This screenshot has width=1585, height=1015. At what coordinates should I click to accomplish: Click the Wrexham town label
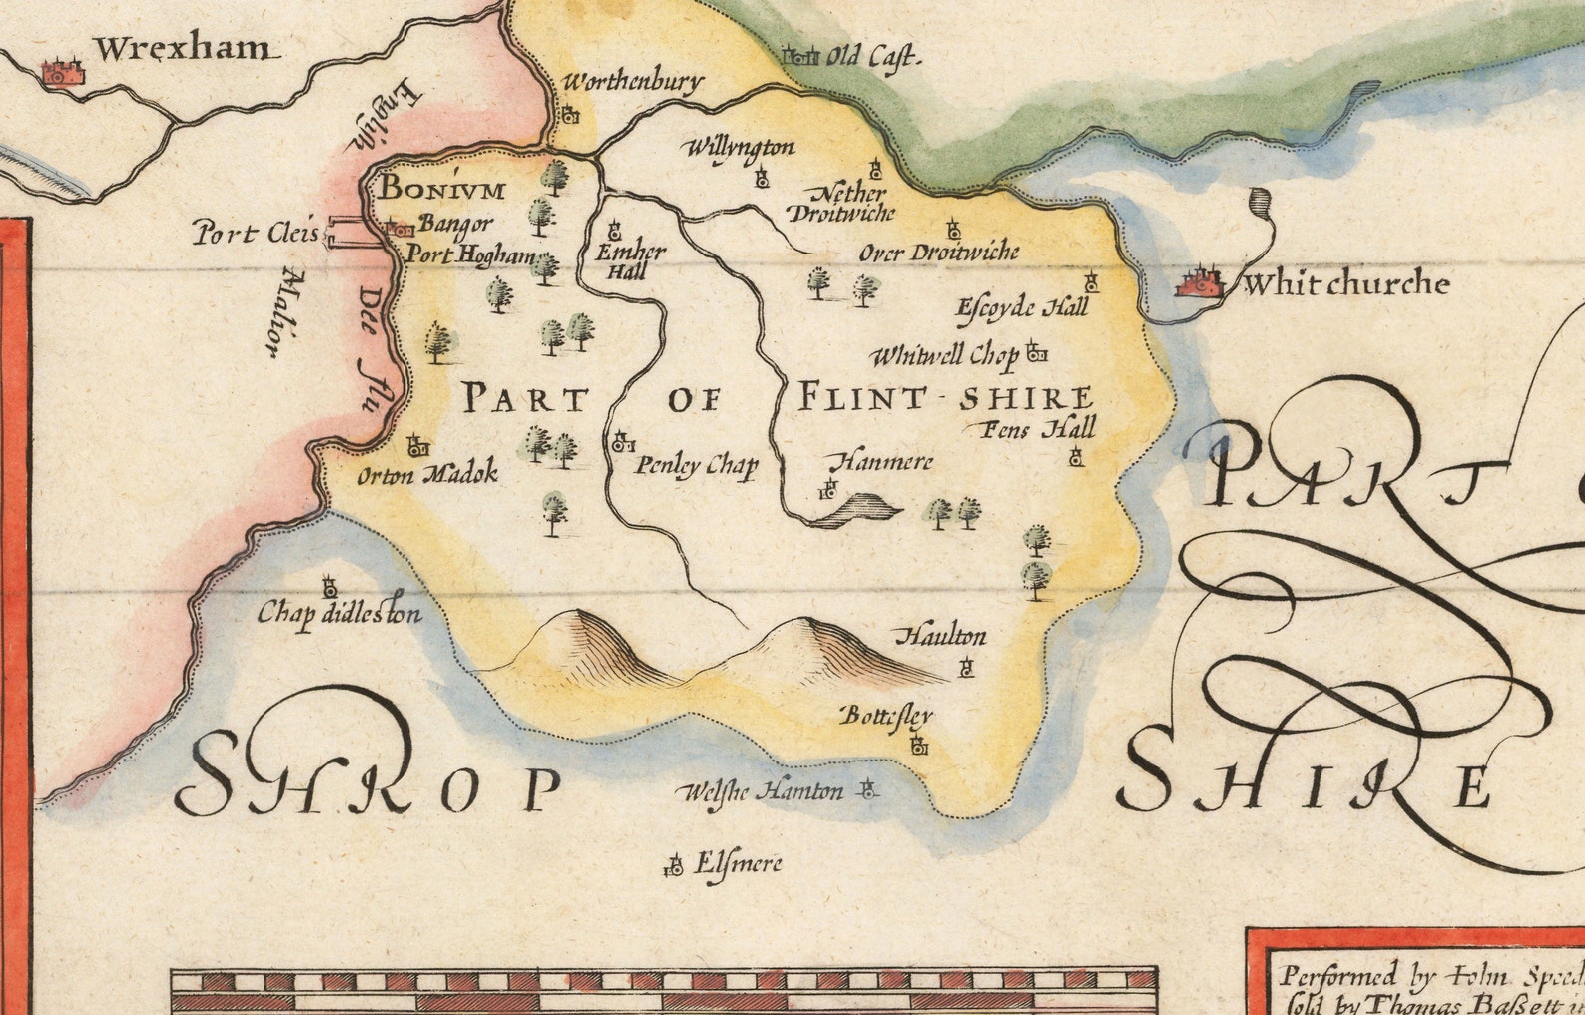click(x=182, y=48)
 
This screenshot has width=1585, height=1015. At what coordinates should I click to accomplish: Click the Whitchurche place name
click(x=1345, y=284)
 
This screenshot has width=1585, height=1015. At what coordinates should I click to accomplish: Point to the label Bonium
click(x=443, y=189)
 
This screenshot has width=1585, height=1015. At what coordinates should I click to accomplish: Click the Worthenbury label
click(x=633, y=81)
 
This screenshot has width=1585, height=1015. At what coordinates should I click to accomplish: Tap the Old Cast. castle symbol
click(x=801, y=56)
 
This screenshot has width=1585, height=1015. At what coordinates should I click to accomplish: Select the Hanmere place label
click(x=881, y=461)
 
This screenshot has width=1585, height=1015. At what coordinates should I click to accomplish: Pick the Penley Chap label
click(x=697, y=465)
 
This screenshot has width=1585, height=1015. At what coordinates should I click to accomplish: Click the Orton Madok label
click(x=427, y=475)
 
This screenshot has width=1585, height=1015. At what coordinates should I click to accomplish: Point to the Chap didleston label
click(x=339, y=612)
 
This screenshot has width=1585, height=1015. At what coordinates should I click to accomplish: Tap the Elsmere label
click(x=738, y=863)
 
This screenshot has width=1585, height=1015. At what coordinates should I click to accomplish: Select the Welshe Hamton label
click(x=761, y=792)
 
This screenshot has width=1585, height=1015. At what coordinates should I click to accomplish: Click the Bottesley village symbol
click(x=919, y=745)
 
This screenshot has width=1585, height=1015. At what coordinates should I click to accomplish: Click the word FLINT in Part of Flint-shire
click(x=859, y=398)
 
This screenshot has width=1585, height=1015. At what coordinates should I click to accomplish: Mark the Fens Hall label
click(x=1038, y=429)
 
